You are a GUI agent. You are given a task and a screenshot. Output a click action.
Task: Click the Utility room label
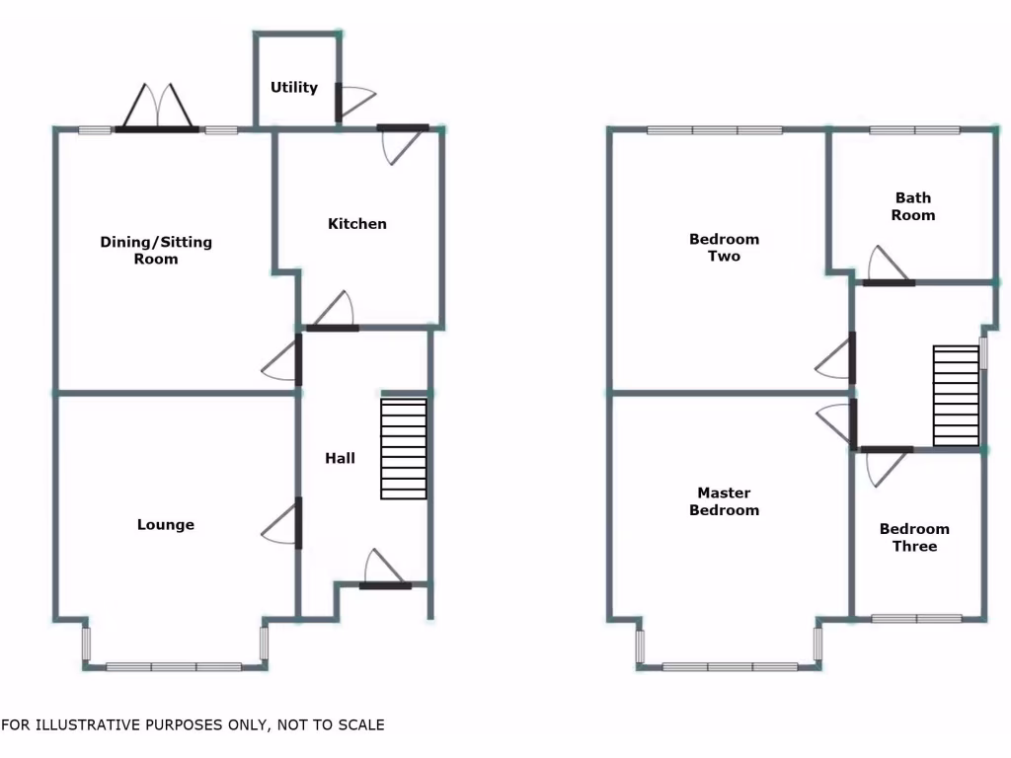pyautogui.click(x=294, y=88)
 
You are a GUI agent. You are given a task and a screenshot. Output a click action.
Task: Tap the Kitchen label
pyautogui.click(x=357, y=224)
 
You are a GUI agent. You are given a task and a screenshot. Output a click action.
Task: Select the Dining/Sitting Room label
pyautogui.click(x=156, y=251)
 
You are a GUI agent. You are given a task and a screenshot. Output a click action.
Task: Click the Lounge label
pyautogui.click(x=166, y=525)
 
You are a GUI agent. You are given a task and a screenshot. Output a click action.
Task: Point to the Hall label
pyautogui.click(x=341, y=458)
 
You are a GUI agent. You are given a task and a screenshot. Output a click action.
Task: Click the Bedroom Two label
pyautogui.click(x=725, y=248)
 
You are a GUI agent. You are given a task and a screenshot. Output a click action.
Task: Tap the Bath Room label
pyautogui.click(x=913, y=206)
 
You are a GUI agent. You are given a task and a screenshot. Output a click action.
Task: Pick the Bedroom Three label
pyautogui.click(x=915, y=538)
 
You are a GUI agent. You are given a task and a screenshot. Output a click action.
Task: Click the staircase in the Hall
pyautogui.click(x=404, y=449)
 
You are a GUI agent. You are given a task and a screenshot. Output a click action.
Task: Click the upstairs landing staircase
pyautogui.click(x=956, y=396)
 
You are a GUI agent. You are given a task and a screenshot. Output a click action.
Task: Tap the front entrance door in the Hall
pyautogui.click(x=385, y=572)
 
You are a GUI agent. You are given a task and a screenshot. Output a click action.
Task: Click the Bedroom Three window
pyautogui.click(x=916, y=619)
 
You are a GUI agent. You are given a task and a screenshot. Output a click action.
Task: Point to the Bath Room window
pyautogui.click(x=914, y=129)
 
